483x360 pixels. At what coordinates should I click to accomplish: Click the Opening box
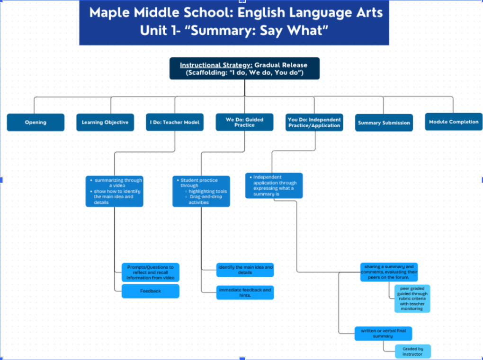[x=36, y=123]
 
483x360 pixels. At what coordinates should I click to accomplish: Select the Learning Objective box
[x=105, y=123]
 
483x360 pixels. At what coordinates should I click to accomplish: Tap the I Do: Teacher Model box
[x=175, y=122]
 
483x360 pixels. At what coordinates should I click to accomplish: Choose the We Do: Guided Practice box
[x=244, y=122]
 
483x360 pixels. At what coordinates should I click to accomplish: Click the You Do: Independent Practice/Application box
[x=314, y=122]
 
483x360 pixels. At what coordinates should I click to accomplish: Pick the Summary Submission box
[x=384, y=123]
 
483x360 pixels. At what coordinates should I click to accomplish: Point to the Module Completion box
[x=454, y=122]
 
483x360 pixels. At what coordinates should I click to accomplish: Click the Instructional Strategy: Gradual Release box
[x=244, y=69]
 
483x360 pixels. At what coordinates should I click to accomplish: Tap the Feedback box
[x=151, y=291]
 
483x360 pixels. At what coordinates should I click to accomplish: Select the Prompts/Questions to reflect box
[x=151, y=272]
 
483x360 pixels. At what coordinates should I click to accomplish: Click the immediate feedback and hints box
[x=245, y=292]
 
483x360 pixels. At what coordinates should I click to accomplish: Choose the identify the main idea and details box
[x=245, y=270]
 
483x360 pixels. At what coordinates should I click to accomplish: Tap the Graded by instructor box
[x=412, y=351]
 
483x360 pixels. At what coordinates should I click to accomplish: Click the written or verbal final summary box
[x=383, y=333]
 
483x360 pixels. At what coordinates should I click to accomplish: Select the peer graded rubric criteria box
[x=412, y=298]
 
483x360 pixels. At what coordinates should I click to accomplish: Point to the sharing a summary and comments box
[x=389, y=272]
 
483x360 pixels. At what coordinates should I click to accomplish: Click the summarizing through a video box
[x=114, y=191]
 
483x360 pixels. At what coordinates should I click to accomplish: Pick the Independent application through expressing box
[x=274, y=185]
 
